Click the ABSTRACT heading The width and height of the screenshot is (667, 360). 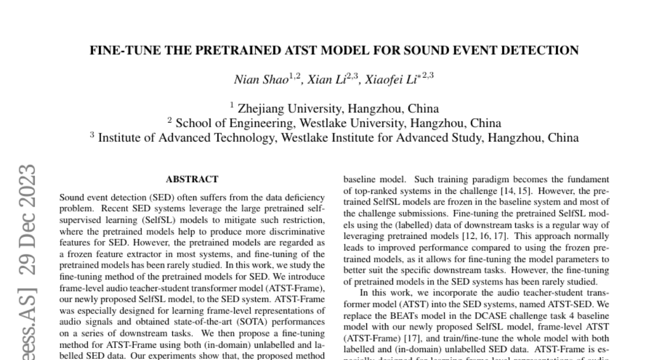[192, 179]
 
